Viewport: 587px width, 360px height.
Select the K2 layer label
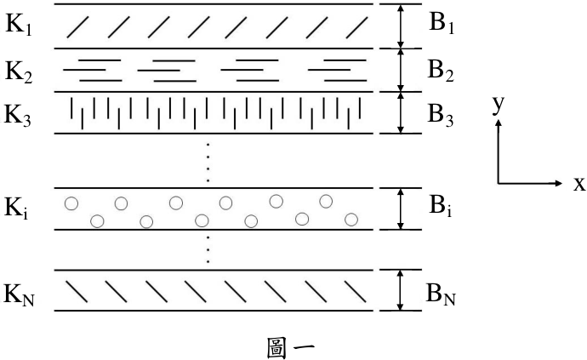point(19,72)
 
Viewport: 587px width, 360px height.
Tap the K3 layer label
point(18,116)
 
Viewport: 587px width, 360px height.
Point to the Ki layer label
point(15,208)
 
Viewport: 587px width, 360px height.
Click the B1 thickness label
point(442,24)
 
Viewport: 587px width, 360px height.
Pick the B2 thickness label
point(441,71)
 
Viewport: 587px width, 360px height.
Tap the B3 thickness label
point(441,115)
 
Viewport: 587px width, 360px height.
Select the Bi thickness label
point(441,207)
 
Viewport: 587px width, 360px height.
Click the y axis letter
point(499,105)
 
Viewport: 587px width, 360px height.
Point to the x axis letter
point(578,184)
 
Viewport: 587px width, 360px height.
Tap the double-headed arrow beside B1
point(401,26)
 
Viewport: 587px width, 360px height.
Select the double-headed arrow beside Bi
point(401,209)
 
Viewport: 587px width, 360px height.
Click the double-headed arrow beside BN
point(401,290)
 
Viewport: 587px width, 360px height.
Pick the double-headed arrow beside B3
point(401,112)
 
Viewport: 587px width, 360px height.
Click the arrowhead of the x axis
point(559,183)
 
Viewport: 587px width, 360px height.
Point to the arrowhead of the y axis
point(499,123)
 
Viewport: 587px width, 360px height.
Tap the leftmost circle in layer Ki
point(71,203)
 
